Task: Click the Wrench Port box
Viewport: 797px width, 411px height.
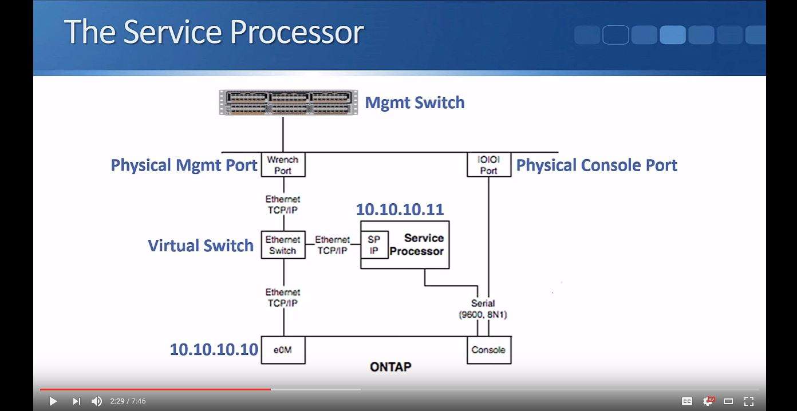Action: coord(283,165)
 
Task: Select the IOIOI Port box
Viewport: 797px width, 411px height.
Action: coord(488,165)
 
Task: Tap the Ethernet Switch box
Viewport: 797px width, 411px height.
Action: coord(283,245)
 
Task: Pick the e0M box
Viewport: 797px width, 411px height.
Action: coord(283,350)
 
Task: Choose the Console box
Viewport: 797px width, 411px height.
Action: coord(488,350)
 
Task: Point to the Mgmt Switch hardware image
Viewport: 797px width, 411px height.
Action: coord(289,102)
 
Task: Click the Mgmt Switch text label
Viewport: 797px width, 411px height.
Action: coord(415,103)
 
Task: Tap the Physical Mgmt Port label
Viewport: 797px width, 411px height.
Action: coord(184,165)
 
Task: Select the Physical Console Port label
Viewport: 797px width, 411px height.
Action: coord(597,165)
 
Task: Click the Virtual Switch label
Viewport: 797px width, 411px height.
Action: coord(200,246)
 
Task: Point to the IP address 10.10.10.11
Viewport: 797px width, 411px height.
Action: coord(400,210)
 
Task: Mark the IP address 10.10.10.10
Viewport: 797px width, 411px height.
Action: coord(214,349)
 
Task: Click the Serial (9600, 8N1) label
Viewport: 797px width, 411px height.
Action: coord(483,309)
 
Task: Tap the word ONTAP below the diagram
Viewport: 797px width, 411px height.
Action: coord(390,367)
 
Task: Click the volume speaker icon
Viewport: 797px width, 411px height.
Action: coord(97,401)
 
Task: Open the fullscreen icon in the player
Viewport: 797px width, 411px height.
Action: coord(749,401)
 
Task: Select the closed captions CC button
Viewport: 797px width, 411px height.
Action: coord(687,401)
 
